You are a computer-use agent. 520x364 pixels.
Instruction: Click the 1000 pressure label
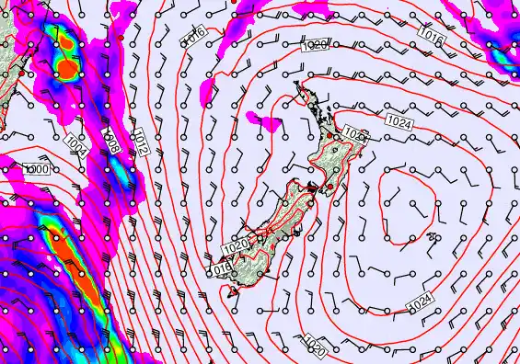pyautogui.click(x=36, y=169)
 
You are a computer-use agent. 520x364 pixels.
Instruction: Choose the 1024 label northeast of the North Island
pyautogui.click(x=399, y=121)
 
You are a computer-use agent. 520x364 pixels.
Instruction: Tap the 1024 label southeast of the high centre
pyautogui.click(x=419, y=301)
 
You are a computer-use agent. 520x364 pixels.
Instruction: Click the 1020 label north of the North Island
pyautogui.click(x=313, y=45)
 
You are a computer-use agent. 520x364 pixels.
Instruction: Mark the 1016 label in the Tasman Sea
pyautogui.click(x=191, y=38)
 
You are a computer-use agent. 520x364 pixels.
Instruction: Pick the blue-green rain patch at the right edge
pyautogui.click(x=504, y=55)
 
